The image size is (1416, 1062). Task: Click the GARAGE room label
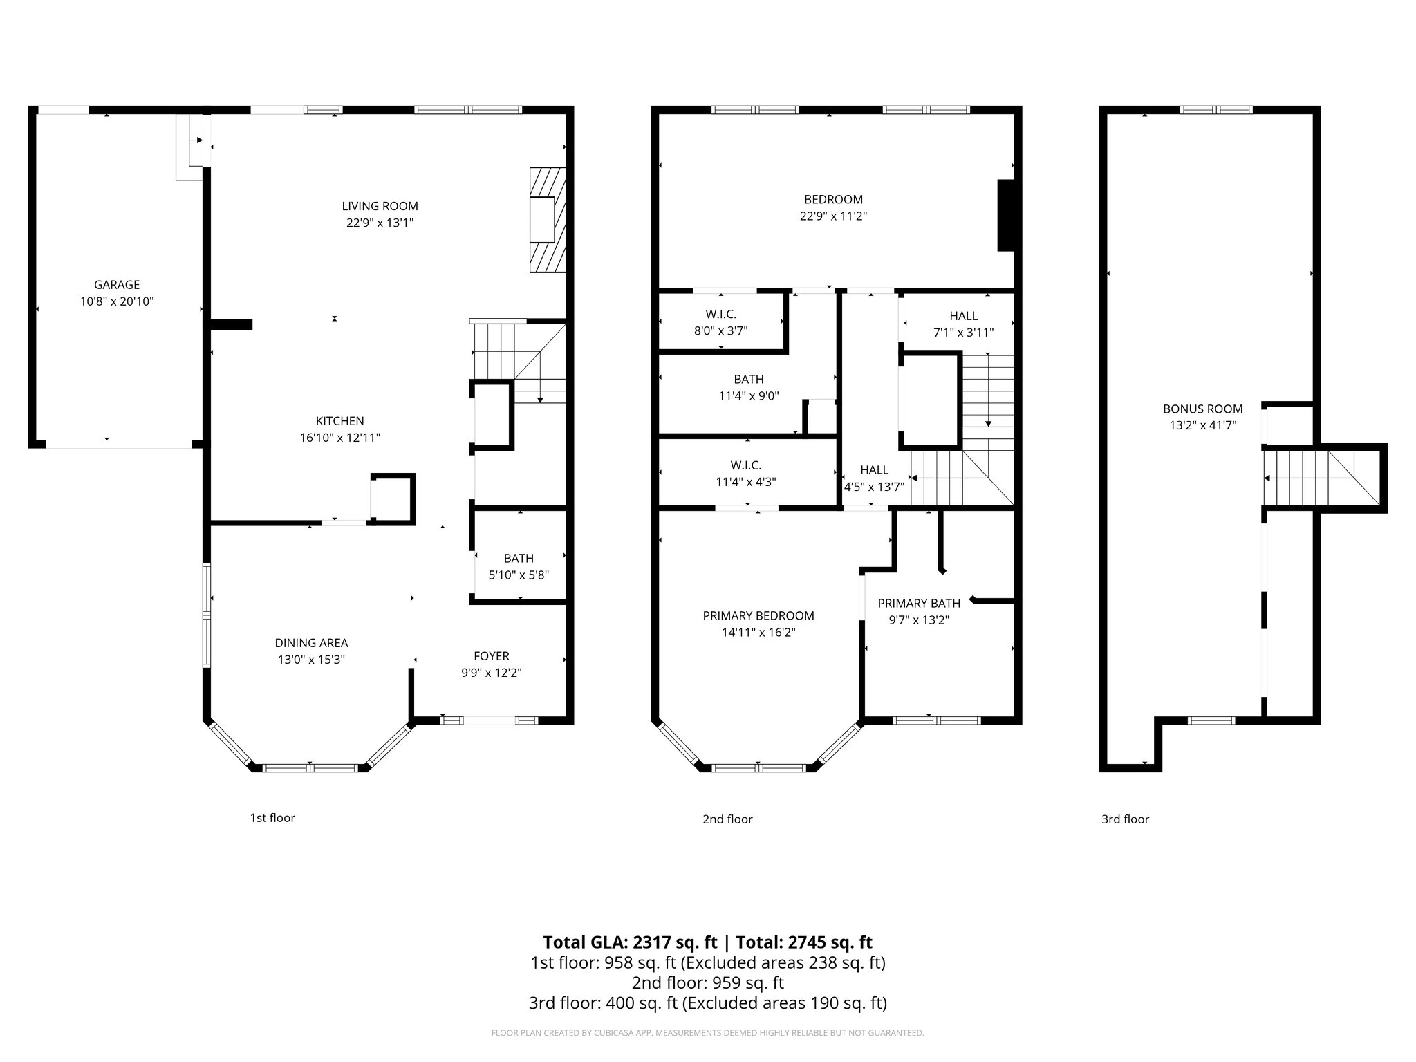click(117, 284)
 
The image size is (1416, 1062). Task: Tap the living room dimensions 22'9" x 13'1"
click(380, 223)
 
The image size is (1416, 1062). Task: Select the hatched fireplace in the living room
click(548, 219)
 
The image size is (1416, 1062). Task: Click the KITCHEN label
click(339, 420)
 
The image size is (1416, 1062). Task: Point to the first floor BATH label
click(519, 558)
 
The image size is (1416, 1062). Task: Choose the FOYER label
click(491, 656)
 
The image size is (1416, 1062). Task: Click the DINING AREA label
click(311, 642)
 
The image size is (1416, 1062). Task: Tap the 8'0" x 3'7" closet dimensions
click(720, 330)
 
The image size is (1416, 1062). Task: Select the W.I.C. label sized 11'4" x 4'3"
click(745, 465)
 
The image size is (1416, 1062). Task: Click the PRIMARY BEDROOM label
click(758, 615)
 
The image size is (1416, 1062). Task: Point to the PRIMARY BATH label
click(918, 603)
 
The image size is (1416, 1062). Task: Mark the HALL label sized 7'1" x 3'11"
click(963, 315)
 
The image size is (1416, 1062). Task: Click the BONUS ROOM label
click(1202, 409)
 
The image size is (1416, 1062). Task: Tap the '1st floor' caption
click(272, 818)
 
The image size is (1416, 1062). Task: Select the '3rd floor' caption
click(1125, 819)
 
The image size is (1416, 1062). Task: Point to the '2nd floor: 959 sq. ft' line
click(707, 982)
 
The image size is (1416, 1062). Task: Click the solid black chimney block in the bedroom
click(1005, 215)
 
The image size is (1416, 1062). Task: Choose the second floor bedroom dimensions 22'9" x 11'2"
click(833, 216)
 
